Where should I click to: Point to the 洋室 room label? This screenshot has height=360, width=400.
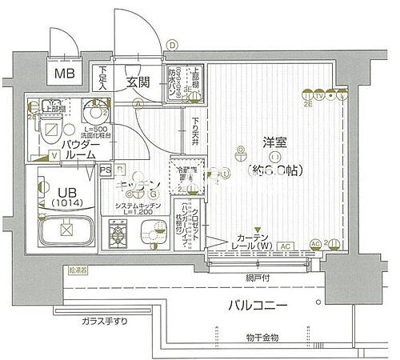coord(274,142)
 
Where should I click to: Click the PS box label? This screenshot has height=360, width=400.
coord(106,169)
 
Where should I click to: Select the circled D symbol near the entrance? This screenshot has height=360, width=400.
coord(171,46)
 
